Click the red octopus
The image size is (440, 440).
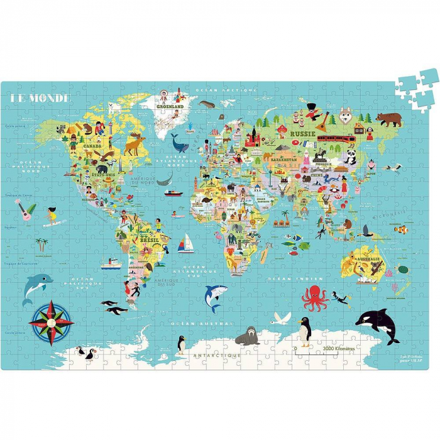point(316,297)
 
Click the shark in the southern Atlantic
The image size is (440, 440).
point(214,295)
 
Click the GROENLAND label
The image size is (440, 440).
point(170,107)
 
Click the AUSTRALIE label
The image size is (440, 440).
point(368,259)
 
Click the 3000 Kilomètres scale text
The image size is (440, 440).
point(339,347)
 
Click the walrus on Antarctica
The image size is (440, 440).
point(247,336)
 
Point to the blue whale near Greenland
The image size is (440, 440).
point(180,146)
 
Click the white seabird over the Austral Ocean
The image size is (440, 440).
point(281,318)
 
